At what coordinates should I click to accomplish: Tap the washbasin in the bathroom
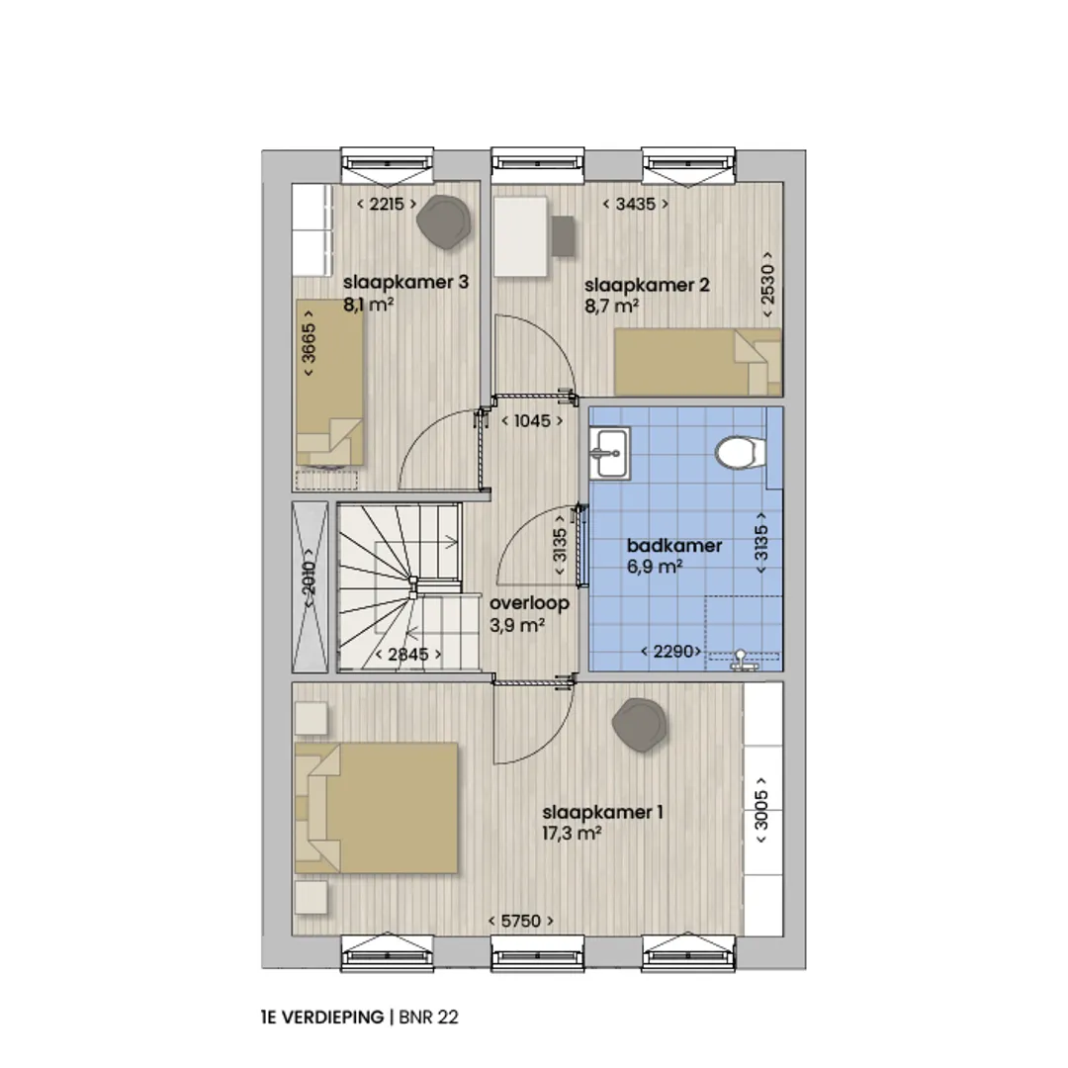point(610,453)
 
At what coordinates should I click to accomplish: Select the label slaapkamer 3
point(406,282)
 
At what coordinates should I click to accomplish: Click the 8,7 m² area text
point(612,307)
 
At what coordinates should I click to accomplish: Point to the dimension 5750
point(521,921)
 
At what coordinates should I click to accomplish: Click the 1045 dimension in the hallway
point(532,421)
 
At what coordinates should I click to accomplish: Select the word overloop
point(529,603)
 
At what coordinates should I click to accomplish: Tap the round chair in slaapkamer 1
point(639,726)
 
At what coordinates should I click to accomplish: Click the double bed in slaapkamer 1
point(376,808)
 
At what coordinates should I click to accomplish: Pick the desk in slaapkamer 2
point(521,236)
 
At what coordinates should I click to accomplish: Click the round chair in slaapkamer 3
point(444,222)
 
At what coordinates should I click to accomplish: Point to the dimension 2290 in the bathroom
point(670,652)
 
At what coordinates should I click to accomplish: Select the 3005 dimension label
point(761,810)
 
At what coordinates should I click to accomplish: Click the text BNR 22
point(428,1017)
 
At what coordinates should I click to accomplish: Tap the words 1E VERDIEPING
point(322,1017)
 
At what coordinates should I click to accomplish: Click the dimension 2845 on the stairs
point(408,655)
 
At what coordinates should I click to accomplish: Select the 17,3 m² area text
point(572,833)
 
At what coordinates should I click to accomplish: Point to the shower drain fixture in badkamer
point(741,660)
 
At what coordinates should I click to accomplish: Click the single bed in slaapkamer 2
point(698,362)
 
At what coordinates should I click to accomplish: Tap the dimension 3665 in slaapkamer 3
point(309,343)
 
